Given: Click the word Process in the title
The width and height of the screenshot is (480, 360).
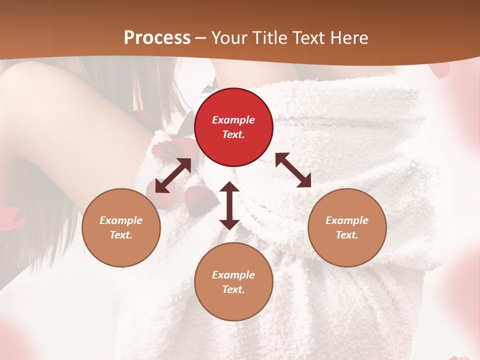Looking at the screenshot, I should pyautogui.click(x=157, y=38).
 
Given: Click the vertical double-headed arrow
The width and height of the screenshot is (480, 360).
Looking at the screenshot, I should pyautogui.click(x=229, y=206).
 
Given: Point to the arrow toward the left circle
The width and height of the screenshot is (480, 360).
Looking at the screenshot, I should pyautogui.click(x=173, y=175).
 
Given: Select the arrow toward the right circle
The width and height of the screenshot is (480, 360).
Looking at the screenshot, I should pyautogui.click(x=293, y=170).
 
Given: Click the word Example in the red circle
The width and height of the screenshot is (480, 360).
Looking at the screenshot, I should pyautogui.click(x=233, y=120).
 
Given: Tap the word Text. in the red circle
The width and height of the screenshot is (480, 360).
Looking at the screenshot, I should pyautogui.click(x=233, y=134).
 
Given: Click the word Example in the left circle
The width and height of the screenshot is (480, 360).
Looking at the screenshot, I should pyautogui.click(x=121, y=220).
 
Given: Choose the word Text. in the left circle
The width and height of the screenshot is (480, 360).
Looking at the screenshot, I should pyautogui.click(x=121, y=235).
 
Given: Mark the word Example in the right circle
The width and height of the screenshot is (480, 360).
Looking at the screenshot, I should pyautogui.click(x=347, y=220).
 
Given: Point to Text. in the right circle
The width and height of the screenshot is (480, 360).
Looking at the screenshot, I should pyautogui.click(x=347, y=235).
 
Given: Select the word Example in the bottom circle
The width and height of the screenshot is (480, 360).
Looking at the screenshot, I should pyautogui.click(x=233, y=275).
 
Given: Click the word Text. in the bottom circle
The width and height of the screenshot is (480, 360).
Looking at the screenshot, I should pyautogui.click(x=233, y=289).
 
